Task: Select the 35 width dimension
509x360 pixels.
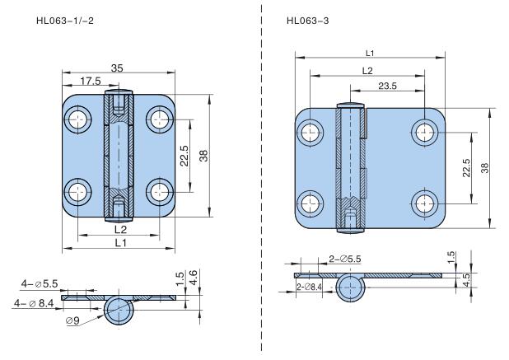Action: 118,69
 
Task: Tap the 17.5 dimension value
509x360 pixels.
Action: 91,82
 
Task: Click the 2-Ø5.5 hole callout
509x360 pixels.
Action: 346,259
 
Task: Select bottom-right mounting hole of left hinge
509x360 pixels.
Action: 158,193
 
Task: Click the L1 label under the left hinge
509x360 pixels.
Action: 119,242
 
